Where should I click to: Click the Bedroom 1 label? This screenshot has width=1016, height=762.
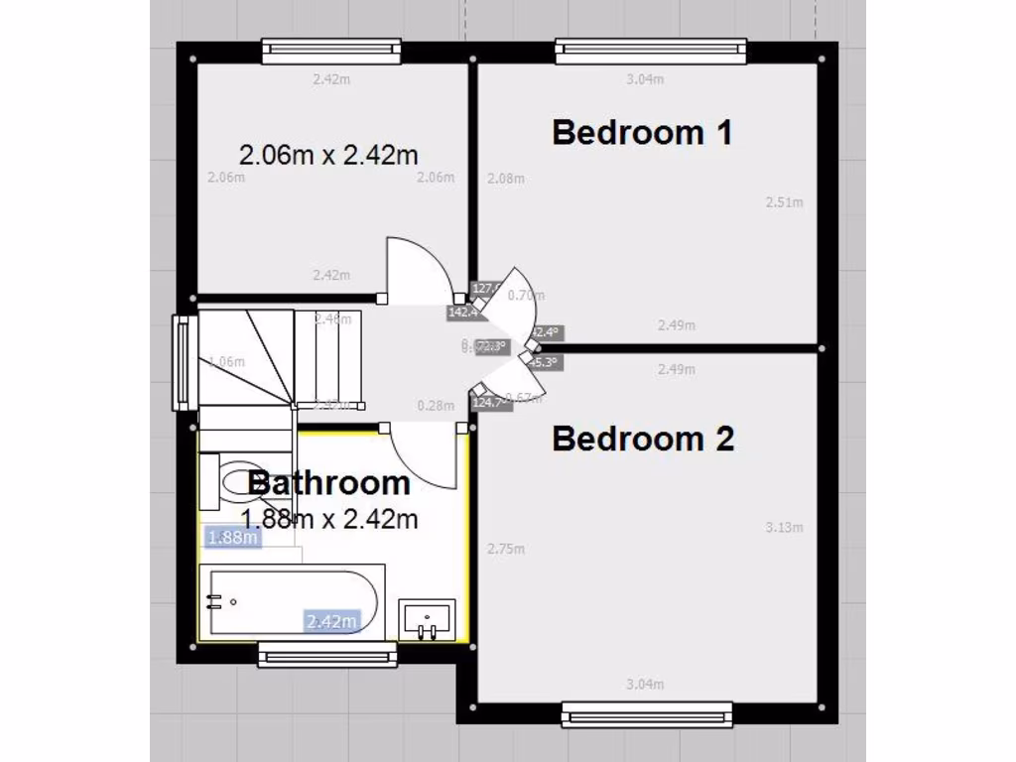click(642, 132)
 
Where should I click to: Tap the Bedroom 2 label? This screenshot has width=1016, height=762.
click(643, 438)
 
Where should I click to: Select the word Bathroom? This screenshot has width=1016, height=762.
click(329, 483)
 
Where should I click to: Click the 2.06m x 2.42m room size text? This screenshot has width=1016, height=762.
click(328, 155)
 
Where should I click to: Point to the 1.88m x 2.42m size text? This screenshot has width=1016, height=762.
click(328, 518)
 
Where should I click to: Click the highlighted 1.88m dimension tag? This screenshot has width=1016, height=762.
click(232, 538)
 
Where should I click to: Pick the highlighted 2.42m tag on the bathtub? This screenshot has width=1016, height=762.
click(331, 622)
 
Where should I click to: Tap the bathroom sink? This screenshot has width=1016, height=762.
click(427, 619)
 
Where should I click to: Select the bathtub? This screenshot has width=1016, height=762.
click(291, 601)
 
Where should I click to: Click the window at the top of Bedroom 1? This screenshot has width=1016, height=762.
click(650, 50)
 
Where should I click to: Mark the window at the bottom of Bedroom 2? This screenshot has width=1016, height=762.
click(646, 713)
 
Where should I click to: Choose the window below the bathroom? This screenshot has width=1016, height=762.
click(326, 654)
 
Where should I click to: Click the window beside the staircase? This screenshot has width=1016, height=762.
click(184, 362)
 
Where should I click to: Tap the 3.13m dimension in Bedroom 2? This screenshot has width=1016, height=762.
click(784, 528)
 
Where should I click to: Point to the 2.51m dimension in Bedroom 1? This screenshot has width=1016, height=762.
click(784, 202)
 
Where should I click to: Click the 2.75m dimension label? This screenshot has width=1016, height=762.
click(506, 549)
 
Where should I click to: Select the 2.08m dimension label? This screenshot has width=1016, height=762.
click(506, 179)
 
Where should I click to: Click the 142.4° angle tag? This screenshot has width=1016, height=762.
click(461, 312)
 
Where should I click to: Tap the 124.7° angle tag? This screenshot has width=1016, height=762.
click(486, 403)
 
